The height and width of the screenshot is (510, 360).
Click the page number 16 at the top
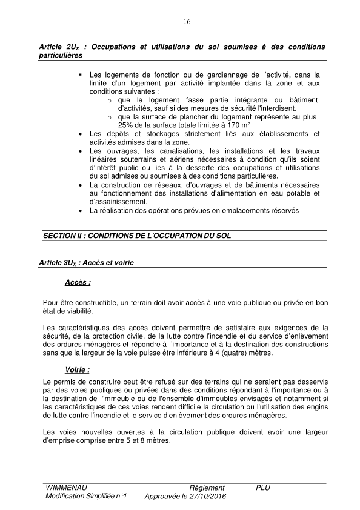click(186, 22)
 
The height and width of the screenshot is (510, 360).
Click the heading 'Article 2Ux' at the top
click(59, 47)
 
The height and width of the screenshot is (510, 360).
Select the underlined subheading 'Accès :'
click(78, 282)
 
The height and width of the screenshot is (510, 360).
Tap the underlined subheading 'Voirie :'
click(78, 369)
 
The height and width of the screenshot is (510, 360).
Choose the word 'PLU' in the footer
click(263, 488)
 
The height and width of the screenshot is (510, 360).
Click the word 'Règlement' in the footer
click(207, 488)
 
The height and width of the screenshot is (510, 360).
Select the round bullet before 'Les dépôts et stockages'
click(80, 133)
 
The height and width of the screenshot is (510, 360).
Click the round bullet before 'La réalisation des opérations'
click(80, 211)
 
